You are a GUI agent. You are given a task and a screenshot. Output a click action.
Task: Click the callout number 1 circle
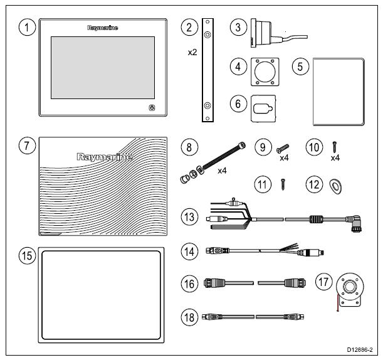click(x=26, y=29)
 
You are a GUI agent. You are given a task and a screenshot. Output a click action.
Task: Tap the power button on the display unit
click(x=152, y=108)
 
